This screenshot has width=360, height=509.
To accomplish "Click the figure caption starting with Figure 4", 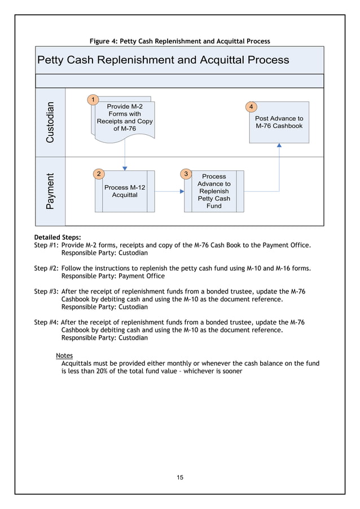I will click(180, 41).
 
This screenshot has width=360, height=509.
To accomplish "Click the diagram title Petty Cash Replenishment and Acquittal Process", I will click(163, 60).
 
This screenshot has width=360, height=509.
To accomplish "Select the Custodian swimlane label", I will click(51, 122).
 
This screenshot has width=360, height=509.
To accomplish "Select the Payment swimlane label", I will click(51, 191).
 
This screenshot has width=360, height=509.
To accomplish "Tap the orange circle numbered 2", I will click(99, 173).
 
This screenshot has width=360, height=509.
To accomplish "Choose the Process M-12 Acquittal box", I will click(125, 191).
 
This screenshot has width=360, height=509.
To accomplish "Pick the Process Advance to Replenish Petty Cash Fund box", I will click(214, 191).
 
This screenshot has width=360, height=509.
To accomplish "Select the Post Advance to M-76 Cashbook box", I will click(279, 122).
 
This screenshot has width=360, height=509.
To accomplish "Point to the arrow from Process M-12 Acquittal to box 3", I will click(169, 191).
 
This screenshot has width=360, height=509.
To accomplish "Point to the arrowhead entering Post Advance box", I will click(279, 146).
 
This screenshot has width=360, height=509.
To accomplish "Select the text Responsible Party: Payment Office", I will click(113, 276).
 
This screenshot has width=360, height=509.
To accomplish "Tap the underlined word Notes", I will click(64, 356).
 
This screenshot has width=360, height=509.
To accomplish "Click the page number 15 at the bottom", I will click(180, 477).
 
